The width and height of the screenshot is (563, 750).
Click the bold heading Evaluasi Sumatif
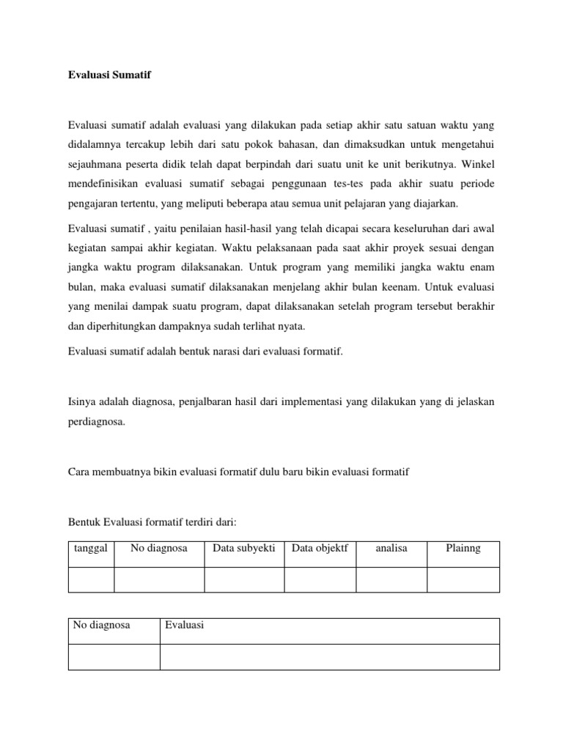tap(109, 75)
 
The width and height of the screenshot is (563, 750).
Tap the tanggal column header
tap(91, 549)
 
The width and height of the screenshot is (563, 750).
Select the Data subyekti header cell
tap(243, 549)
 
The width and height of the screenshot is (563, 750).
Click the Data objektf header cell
tap(320, 549)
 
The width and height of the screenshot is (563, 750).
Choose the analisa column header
tap(391, 549)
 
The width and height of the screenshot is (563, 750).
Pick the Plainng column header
tap(463, 549)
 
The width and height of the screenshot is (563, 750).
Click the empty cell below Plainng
tap(463, 579)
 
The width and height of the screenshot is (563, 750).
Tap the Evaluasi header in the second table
tap(184, 625)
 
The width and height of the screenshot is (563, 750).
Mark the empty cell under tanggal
tap(91, 579)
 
